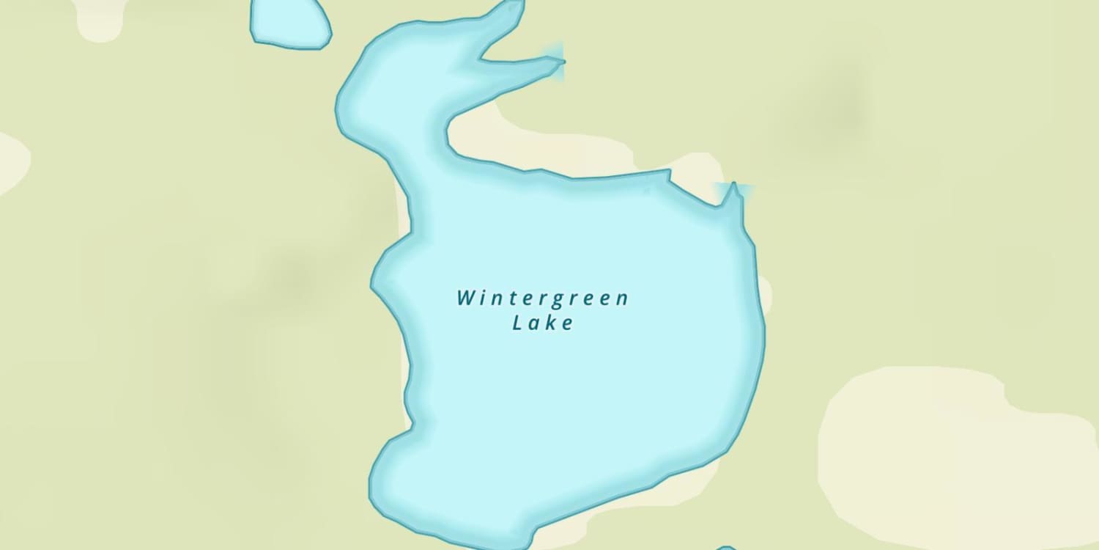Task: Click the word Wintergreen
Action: tap(543, 299)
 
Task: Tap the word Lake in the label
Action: tap(543, 323)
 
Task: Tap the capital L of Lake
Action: tap(517, 323)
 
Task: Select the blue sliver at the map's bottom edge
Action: tap(725, 547)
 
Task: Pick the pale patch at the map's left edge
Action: tap(11, 161)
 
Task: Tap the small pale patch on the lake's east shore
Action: tap(765, 293)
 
